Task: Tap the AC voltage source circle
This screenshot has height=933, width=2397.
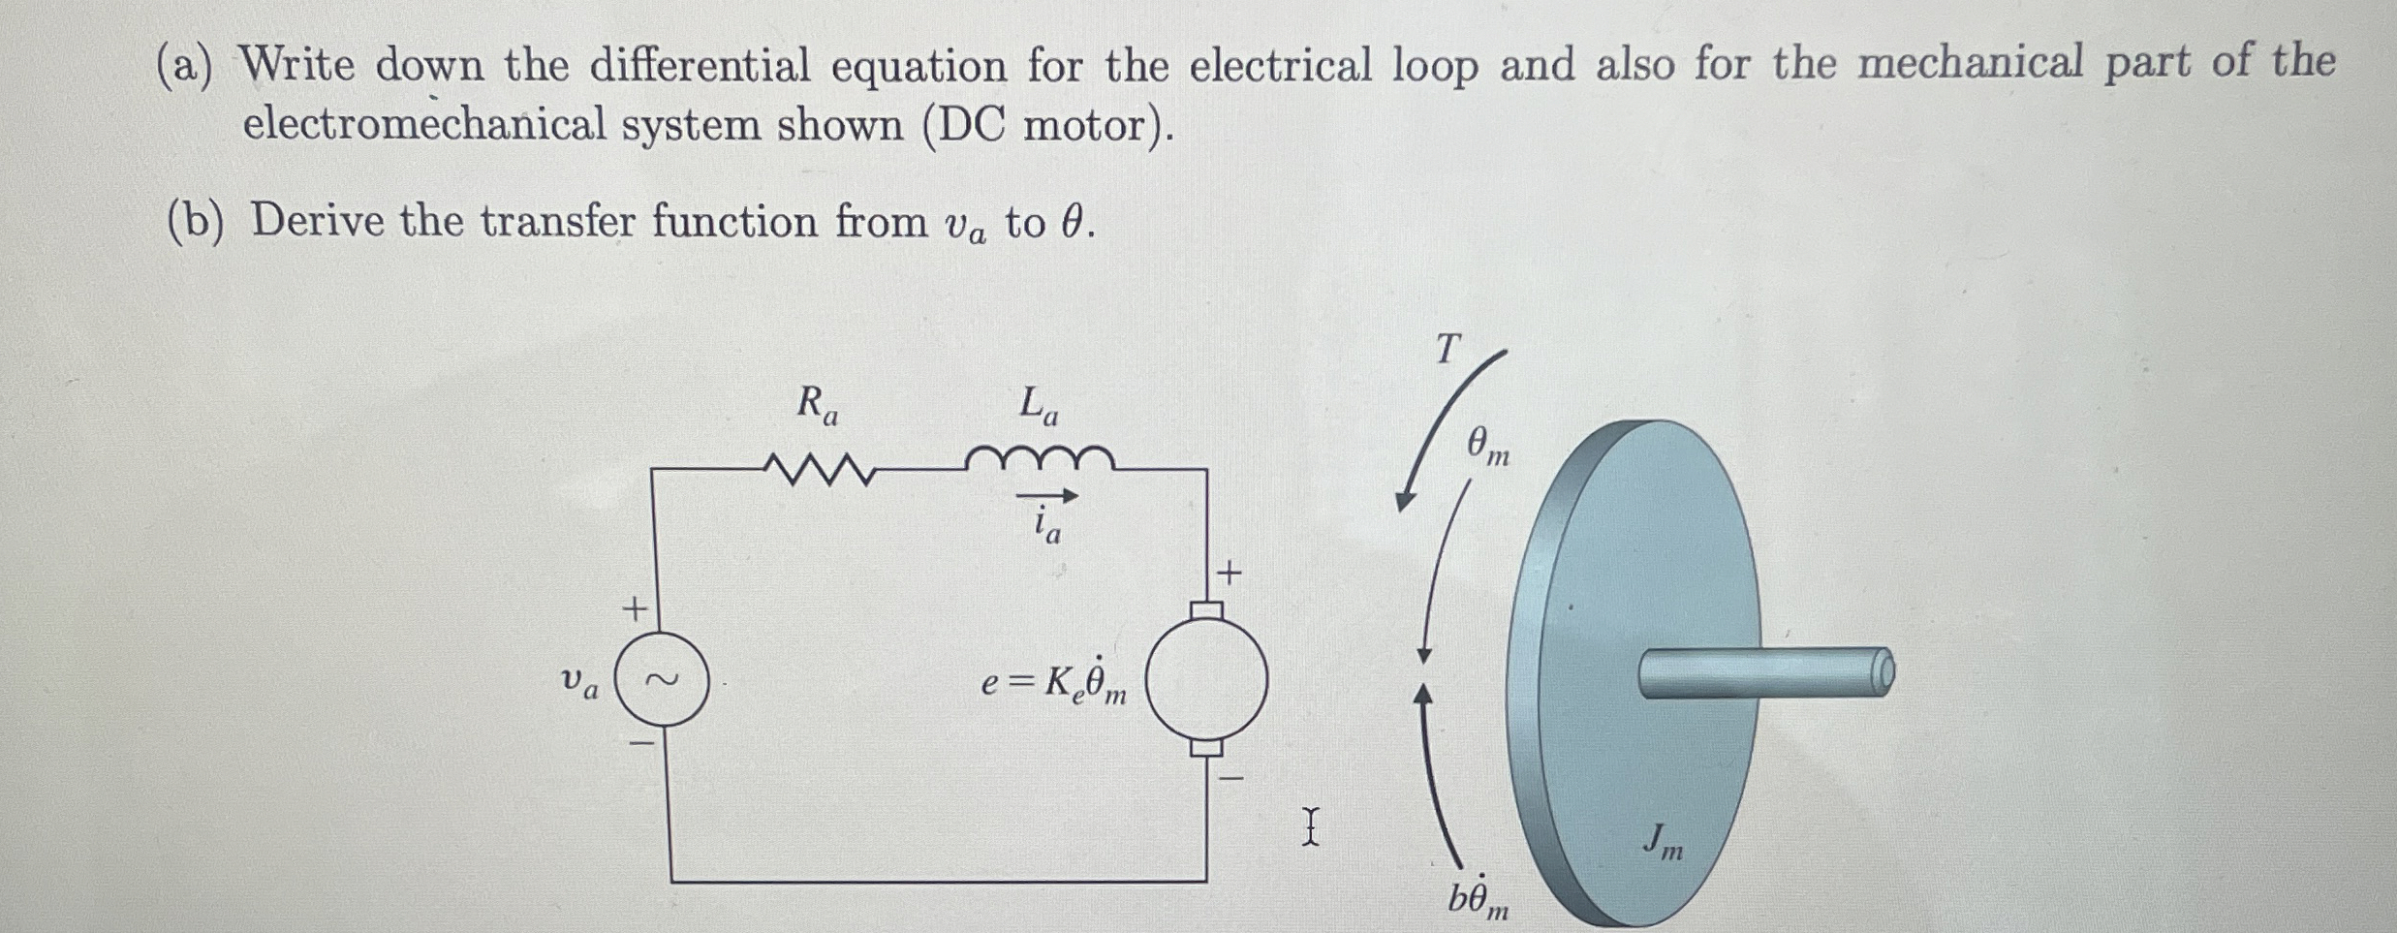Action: click(x=663, y=679)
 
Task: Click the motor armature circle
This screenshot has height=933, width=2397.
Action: click(x=1206, y=678)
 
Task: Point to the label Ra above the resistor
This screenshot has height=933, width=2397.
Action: click(x=817, y=404)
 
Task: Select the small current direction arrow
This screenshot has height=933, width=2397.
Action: click(x=1046, y=496)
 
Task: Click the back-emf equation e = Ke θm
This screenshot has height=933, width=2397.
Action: click(x=1054, y=682)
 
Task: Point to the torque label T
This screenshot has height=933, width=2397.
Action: click(x=1447, y=349)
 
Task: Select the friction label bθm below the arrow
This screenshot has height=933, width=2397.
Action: click(x=1478, y=899)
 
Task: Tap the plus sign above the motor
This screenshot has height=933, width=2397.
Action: click(x=1229, y=574)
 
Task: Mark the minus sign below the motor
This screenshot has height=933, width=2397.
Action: click(x=1230, y=778)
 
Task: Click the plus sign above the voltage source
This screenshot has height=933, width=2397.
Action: click(x=634, y=609)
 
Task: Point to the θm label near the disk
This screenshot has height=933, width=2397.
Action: click(x=1487, y=447)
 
